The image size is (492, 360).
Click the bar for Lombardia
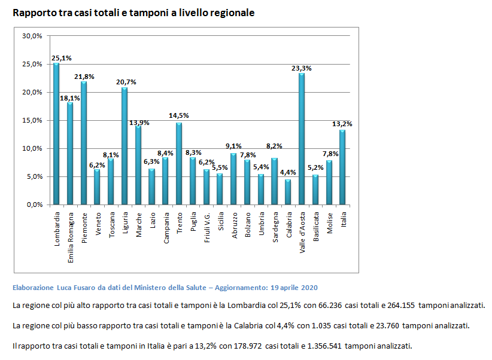click(56, 134)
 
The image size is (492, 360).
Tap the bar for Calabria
click(288, 192)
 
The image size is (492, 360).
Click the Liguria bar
click(124, 146)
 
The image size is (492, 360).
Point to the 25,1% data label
click(62, 58)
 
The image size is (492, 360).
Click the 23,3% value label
click(301, 68)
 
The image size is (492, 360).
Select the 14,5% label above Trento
click(178, 115)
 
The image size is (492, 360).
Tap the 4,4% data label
click(288, 173)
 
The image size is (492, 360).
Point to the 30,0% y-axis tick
click(32, 36)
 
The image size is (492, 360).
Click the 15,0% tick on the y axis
click(32, 120)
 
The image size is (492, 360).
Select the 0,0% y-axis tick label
click(34, 205)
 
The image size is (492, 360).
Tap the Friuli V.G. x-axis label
click(206, 225)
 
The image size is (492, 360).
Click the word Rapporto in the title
click(33, 13)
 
